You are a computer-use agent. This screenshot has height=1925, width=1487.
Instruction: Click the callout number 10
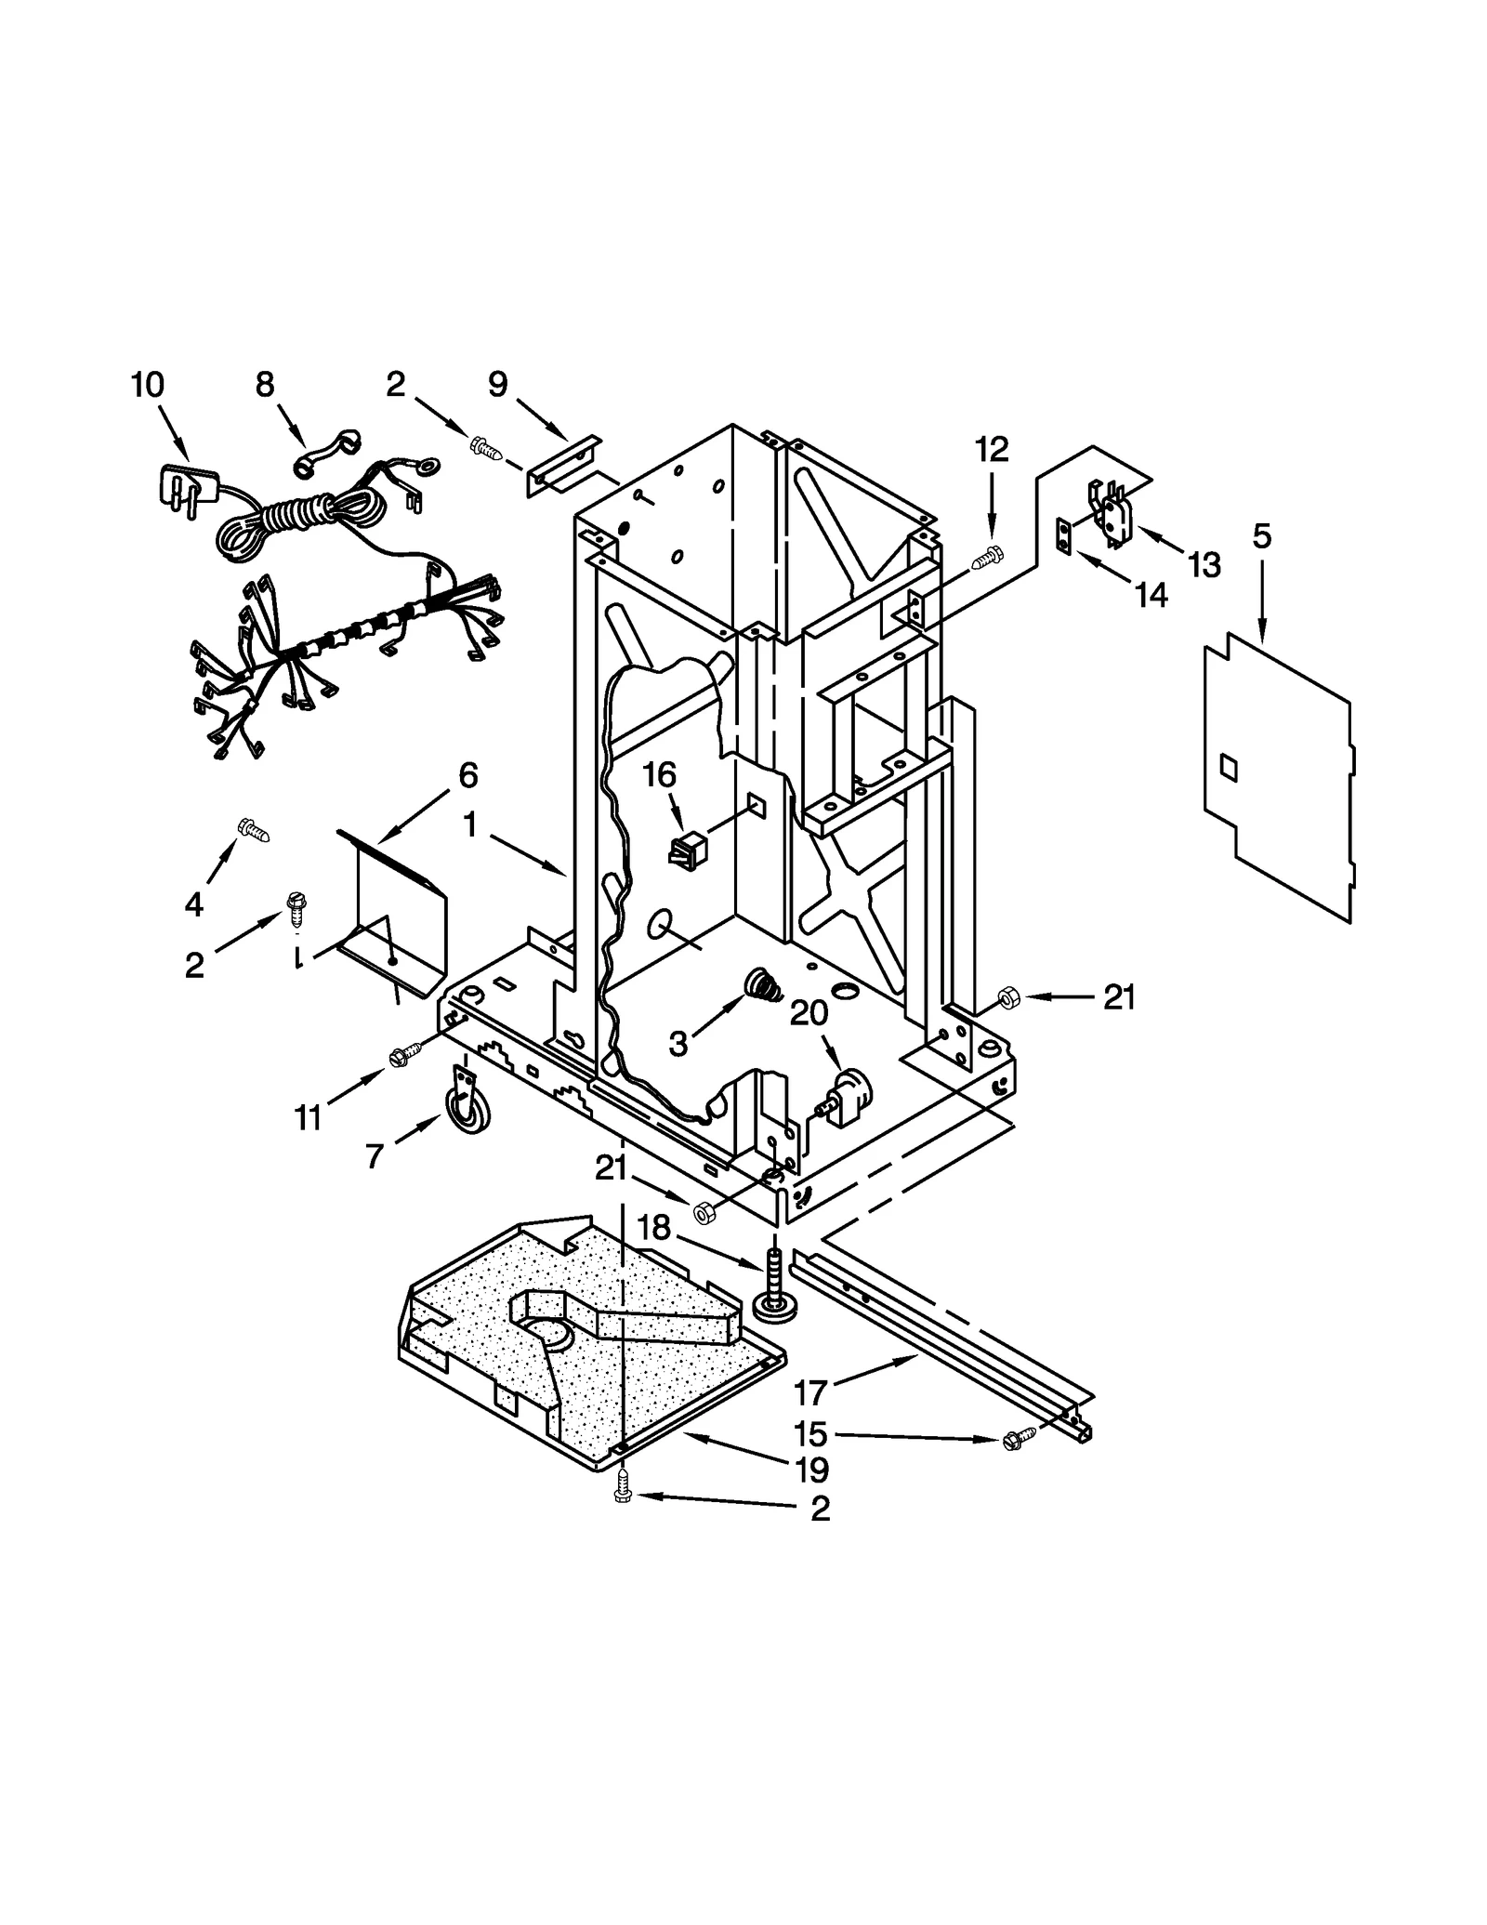pyautogui.click(x=147, y=384)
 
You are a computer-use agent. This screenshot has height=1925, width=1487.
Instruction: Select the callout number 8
pyautogui.click(x=265, y=384)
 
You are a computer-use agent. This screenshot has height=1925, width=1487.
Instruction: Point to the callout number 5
pyautogui.click(x=1261, y=536)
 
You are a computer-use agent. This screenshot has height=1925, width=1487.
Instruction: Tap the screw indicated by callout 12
pyautogui.click(x=987, y=559)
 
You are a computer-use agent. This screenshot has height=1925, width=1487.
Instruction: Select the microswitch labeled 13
pyautogui.click(x=1109, y=508)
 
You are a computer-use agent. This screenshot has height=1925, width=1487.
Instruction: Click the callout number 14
pyautogui.click(x=1151, y=596)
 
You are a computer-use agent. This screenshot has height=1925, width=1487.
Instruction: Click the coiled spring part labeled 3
pyautogui.click(x=764, y=983)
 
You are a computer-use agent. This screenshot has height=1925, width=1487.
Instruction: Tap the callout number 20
pyautogui.click(x=809, y=1013)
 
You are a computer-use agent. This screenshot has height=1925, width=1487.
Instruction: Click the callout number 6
pyautogui.click(x=467, y=774)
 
